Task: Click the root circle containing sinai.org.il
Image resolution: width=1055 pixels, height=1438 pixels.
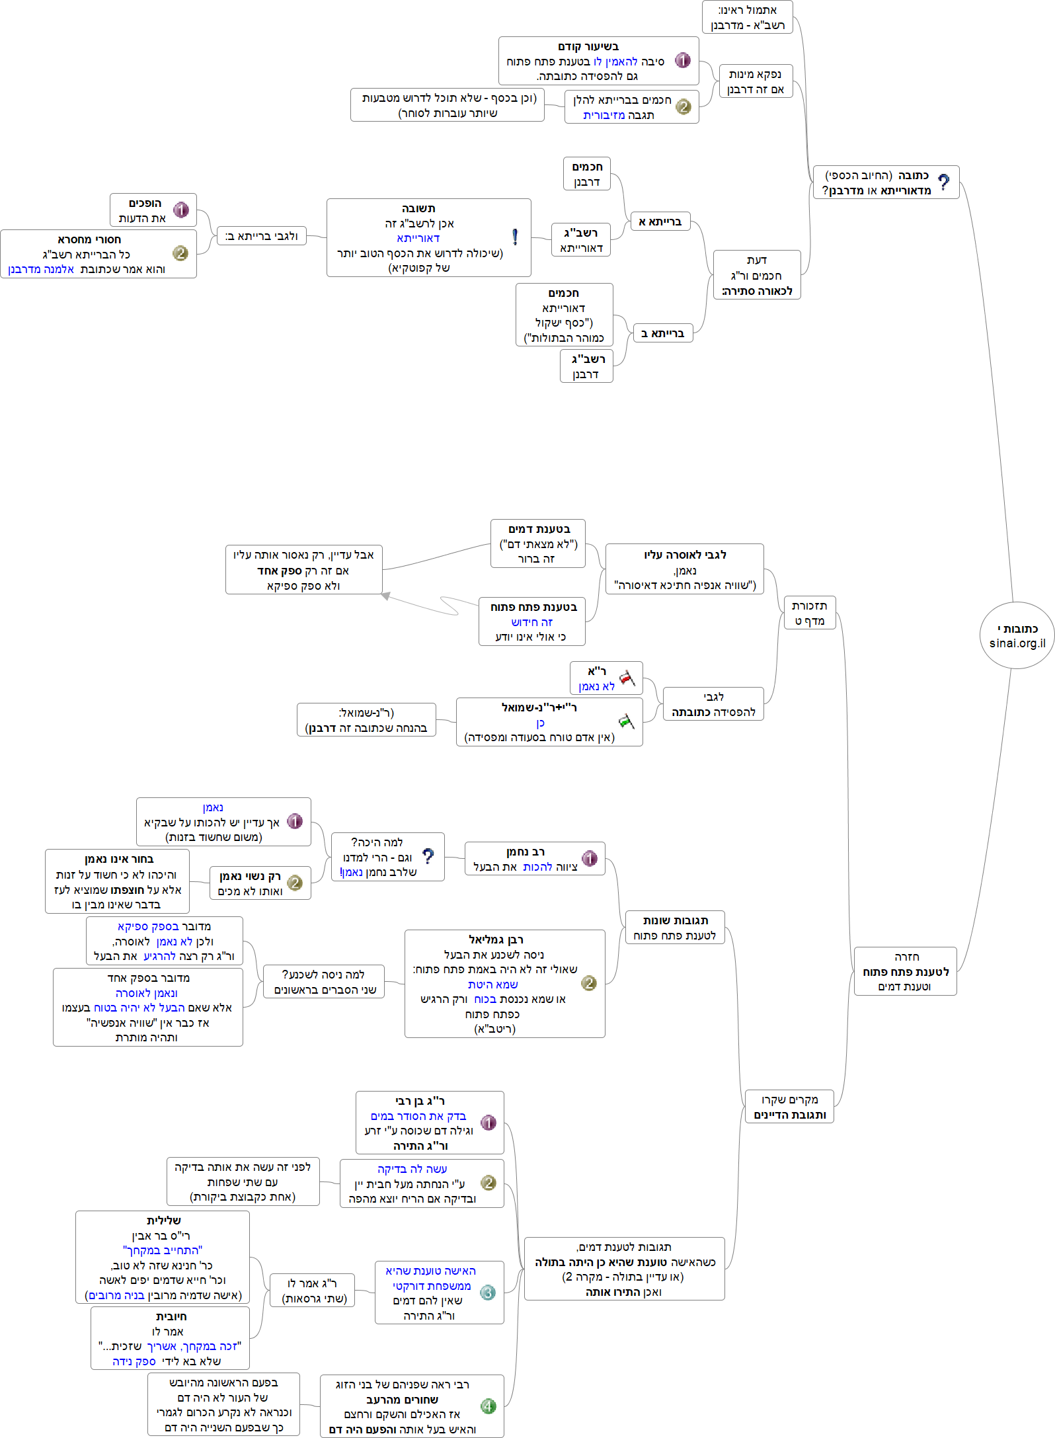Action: [1017, 635]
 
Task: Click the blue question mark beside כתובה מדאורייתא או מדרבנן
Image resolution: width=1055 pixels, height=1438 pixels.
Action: [944, 182]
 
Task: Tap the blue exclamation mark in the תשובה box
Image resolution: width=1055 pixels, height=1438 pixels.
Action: [515, 237]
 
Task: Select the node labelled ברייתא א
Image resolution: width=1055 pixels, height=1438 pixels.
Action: [660, 221]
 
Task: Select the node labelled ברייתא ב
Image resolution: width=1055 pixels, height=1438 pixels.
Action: [662, 333]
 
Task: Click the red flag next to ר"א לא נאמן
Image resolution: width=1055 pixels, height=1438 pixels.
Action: [627, 678]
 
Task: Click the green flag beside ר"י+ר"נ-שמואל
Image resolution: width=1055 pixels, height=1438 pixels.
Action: [626, 721]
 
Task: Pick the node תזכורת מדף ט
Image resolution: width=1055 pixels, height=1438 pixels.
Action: [809, 613]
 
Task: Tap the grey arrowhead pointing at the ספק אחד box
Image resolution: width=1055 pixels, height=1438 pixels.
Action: [386, 596]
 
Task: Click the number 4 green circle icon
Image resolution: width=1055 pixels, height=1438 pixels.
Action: [488, 1406]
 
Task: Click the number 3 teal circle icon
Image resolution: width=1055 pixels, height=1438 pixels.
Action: [488, 1293]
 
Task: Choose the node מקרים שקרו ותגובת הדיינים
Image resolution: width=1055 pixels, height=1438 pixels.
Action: [789, 1107]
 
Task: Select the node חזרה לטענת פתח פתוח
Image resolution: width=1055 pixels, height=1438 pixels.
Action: [905, 971]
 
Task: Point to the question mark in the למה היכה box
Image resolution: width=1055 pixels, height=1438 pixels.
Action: [428, 856]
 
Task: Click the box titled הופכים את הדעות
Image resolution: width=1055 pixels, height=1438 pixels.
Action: [153, 210]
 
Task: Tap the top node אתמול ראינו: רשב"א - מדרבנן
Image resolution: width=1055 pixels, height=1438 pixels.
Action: [747, 17]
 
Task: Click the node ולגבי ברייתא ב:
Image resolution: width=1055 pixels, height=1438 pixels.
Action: [261, 236]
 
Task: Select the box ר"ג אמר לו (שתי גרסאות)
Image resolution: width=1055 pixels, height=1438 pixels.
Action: [312, 1291]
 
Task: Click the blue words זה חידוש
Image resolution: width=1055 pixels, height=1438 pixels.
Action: [531, 622]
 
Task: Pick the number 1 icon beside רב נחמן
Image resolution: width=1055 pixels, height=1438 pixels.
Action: [590, 858]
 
